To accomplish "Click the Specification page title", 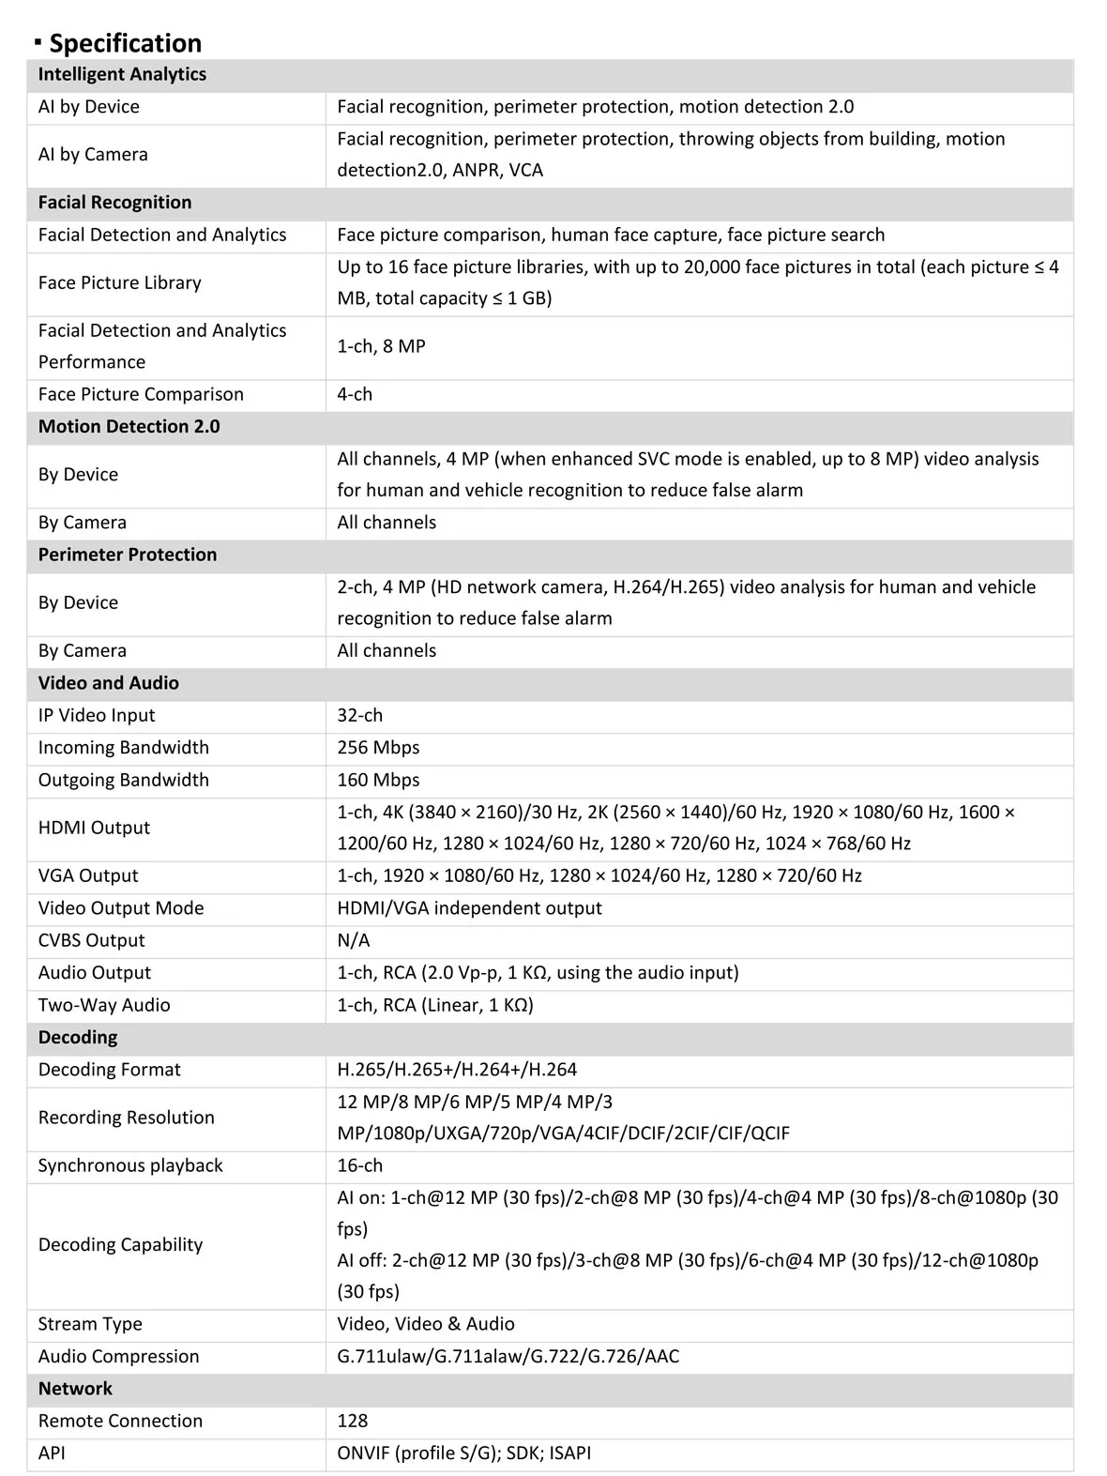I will pos(125,43).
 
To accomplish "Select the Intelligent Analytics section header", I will pos(122,74).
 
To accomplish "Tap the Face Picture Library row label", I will pos(119,282).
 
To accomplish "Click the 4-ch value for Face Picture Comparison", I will pos(355,394).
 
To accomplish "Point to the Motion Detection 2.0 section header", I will pos(129,426).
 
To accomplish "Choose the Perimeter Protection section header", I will pos(128,555).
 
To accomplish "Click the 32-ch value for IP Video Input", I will pos(360,715).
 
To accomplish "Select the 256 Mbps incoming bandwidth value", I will pos(378,747).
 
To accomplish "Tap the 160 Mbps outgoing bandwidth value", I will pos(378,780).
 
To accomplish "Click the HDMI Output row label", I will pos(94,828).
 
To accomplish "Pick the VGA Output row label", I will pos(88,875).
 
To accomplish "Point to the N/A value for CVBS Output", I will pos(354,940).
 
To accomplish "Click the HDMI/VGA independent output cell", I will pos(469,907).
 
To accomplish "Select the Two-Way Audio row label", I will pos(104,1005).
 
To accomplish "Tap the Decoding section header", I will pos(78,1037).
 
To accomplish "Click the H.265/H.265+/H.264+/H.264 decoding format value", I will pos(457,1069).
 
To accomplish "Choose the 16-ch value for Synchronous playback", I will pos(360,1165).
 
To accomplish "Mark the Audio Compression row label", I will pos(118,1356).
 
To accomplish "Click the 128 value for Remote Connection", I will pos(353,1421).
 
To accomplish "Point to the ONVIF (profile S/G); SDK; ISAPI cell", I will pos(464,1453).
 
